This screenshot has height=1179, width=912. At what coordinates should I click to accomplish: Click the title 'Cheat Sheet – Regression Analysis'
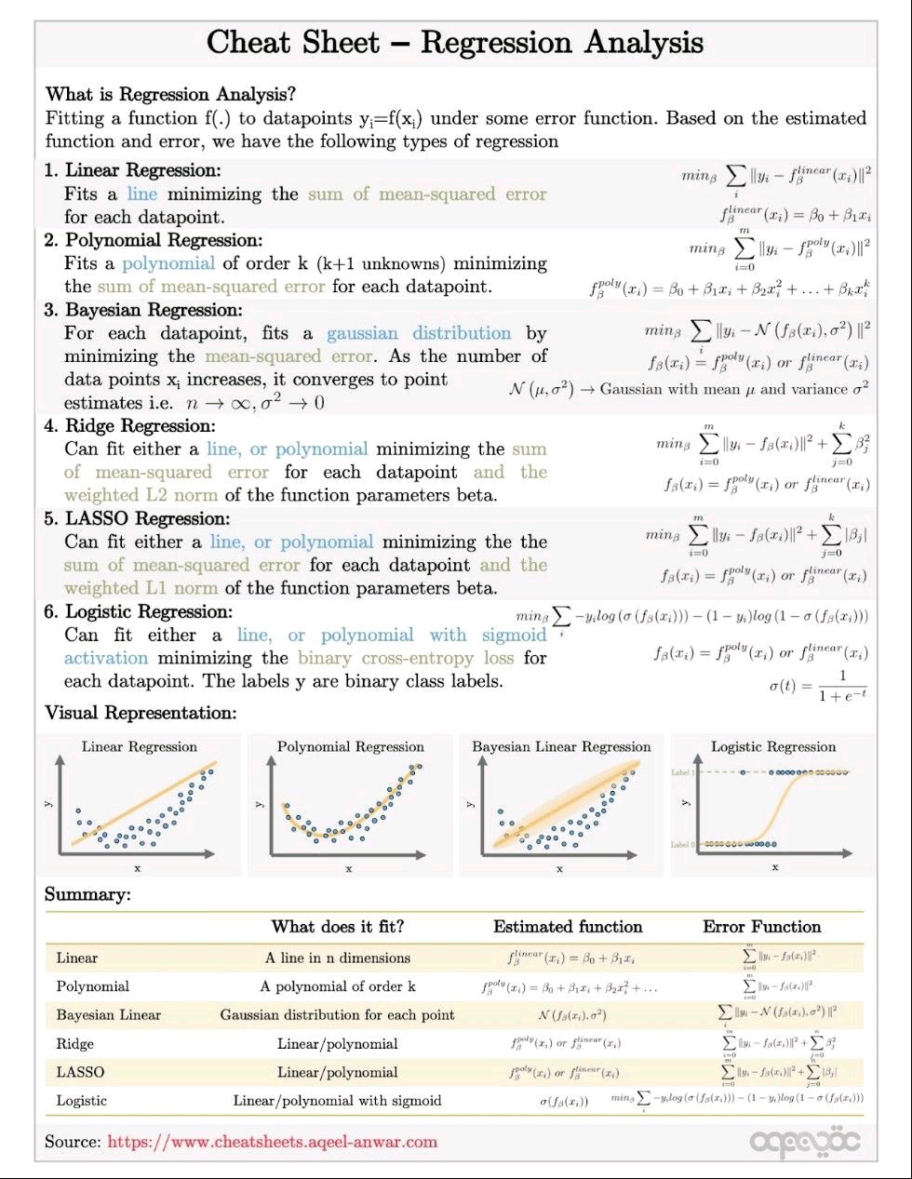[x=454, y=43]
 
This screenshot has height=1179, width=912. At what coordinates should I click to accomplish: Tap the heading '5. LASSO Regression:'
[x=136, y=519]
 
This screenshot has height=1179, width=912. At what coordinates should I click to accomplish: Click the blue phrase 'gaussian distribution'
[x=419, y=333]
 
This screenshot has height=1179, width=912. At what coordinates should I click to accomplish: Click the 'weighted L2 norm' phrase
[x=141, y=495]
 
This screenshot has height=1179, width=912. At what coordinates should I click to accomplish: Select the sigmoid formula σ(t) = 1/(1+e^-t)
[x=818, y=686]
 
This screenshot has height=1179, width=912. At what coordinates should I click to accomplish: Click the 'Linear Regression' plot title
[x=140, y=746]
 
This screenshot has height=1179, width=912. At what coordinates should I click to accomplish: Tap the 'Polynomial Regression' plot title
[x=350, y=746]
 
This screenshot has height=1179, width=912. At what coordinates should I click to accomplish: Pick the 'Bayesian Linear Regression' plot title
[x=561, y=746]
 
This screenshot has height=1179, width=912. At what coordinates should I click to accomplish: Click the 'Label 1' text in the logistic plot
[x=682, y=773]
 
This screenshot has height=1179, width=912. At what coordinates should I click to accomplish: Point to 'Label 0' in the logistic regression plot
[x=682, y=844]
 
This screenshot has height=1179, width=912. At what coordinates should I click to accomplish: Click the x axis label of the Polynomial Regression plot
[x=349, y=869]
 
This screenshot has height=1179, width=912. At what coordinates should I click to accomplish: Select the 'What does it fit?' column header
[x=337, y=926]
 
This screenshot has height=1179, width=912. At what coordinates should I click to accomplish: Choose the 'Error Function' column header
[x=761, y=926]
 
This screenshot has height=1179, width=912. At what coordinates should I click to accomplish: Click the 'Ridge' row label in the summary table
[x=74, y=1044]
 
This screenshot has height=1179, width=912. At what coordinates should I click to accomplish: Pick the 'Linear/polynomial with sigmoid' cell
[x=337, y=1101]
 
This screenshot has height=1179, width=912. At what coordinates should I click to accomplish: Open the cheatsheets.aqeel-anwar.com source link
[x=272, y=1141]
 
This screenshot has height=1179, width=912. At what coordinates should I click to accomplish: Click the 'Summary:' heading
[x=87, y=895]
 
